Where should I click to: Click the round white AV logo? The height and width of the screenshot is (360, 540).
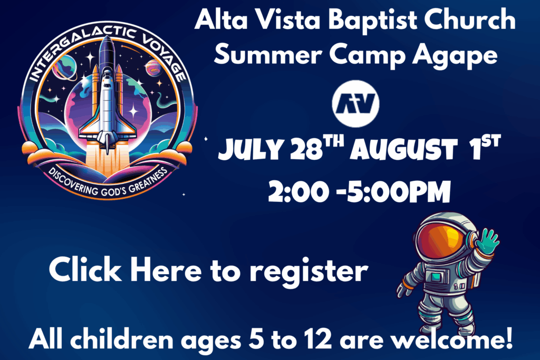pyautogui.click(x=355, y=104)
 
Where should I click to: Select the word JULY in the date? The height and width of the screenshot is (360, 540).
pyautogui.click(x=250, y=150)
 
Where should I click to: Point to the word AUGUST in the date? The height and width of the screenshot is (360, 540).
pyautogui.click(x=403, y=150)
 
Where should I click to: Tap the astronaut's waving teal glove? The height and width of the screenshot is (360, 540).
pyautogui.click(x=486, y=241)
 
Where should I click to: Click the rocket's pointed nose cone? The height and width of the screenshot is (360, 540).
pyautogui.click(x=107, y=44)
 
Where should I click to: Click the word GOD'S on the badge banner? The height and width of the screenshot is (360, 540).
pyautogui.click(x=115, y=191)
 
